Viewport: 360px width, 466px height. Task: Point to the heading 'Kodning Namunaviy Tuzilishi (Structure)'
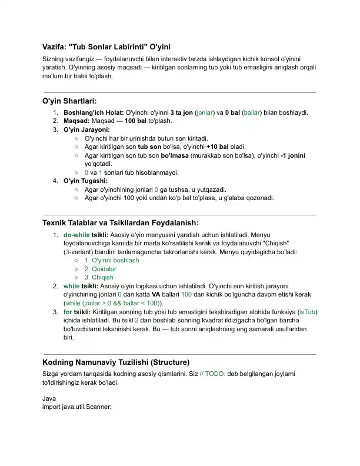tap(116, 362)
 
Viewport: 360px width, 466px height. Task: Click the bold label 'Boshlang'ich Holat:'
tap(94, 112)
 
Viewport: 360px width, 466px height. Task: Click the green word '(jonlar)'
tap(204, 112)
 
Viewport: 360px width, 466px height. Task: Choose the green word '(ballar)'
tap(252, 112)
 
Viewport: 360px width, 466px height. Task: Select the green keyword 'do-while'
tap(76, 234)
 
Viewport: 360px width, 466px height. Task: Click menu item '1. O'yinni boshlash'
tap(112, 260)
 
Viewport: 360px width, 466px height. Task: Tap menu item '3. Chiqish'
tap(99, 277)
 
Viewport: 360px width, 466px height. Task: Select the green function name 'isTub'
tap(308, 312)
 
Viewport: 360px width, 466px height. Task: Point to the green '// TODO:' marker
tap(212, 374)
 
